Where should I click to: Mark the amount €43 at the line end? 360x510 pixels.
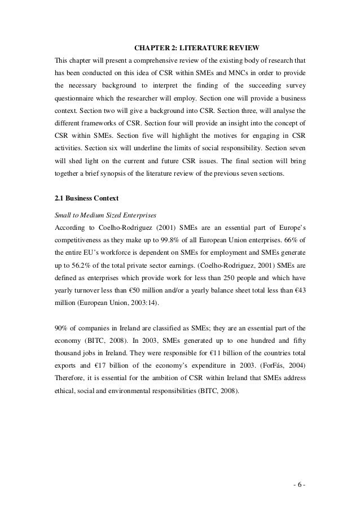(x=298, y=296)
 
